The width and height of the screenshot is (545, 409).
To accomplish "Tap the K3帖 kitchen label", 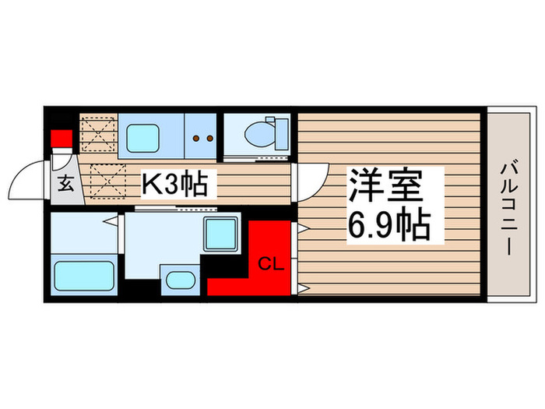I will click(x=173, y=185).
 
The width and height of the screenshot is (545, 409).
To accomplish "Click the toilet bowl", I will click(x=256, y=133).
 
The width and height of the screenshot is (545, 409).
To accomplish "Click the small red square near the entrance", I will click(x=62, y=140).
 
